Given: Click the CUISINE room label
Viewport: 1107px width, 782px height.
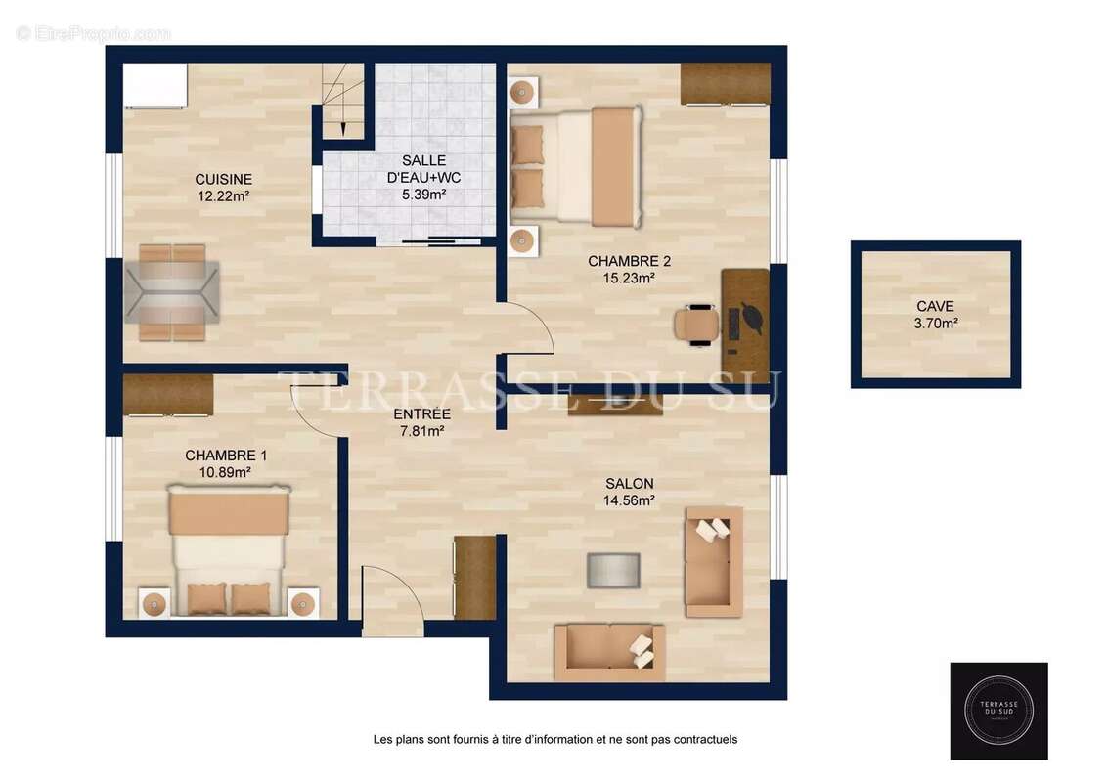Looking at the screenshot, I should tap(223, 179).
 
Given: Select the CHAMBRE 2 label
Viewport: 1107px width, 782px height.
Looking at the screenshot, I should tap(629, 261).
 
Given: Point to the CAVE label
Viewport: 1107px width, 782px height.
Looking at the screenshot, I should tap(936, 305).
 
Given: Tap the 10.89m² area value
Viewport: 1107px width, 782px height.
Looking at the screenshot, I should tap(225, 472).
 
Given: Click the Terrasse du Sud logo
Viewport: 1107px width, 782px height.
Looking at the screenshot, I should tap(998, 711).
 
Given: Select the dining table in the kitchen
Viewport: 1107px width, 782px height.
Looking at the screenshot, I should tap(172, 292).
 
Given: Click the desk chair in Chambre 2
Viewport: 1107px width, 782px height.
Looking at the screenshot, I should tap(696, 324).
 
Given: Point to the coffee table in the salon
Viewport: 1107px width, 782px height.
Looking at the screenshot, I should tap(613, 570).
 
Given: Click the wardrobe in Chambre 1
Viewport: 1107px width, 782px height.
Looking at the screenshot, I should tap(168, 394).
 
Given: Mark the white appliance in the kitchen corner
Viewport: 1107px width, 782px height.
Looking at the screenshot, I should tap(155, 85).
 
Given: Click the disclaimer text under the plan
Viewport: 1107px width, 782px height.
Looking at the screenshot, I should tap(554, 740).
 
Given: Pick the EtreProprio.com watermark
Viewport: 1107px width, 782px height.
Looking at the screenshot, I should tap(94, 33).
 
